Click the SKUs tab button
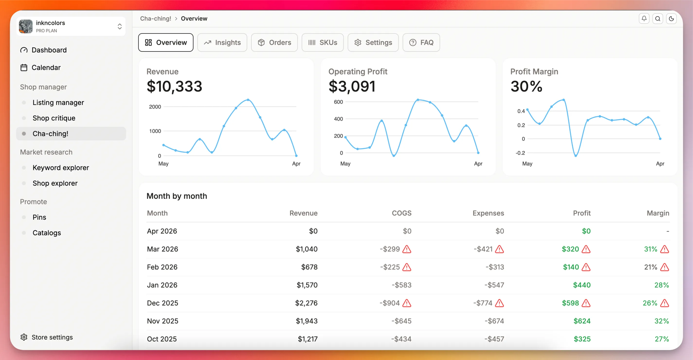[322, 43]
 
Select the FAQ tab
[421, 43]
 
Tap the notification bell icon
[644, 18]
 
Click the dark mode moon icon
[671, 18]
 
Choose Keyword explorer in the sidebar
[61, 167]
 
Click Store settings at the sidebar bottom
[52, 337]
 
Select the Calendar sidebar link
[46, 68]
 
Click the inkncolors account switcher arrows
[119, 26]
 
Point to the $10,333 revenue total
[174, 86]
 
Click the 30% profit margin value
[526, 86]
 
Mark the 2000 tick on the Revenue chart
[155, 107]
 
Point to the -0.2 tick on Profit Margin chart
[520, 153]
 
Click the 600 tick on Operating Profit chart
[338, 102]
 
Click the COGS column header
[401, 213]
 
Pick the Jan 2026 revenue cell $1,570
[307, 285]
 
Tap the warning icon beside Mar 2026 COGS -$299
[406, 249]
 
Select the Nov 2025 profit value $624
[582, 321]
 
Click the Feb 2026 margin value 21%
[650, 267]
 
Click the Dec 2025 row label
[162, 303]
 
